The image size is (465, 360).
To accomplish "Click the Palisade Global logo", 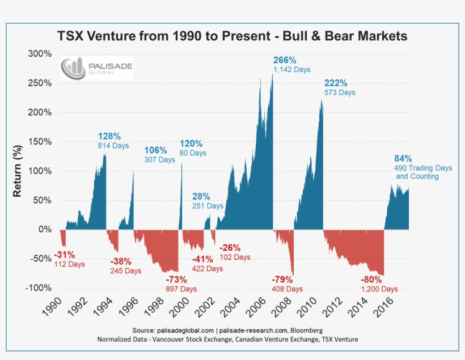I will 97,69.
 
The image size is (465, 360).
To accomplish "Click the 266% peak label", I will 285,60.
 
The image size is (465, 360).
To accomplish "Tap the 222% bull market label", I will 336,83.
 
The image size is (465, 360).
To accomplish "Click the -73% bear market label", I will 176,279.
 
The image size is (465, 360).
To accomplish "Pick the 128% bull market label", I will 109,136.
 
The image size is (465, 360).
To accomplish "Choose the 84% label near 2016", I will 403,158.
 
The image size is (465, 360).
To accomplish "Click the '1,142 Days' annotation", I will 292,70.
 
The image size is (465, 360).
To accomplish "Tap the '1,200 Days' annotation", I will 377,289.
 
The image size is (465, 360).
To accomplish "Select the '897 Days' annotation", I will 181,289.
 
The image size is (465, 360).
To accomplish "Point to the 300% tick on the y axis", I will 40,54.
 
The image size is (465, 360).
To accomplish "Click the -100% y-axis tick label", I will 37,288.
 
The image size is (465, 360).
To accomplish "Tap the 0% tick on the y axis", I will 45,230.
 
